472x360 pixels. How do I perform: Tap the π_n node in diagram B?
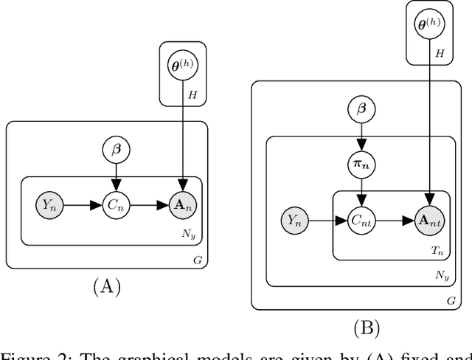click(361, 163)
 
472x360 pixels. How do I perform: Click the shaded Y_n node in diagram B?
click(294, 219)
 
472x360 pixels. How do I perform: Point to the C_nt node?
click(361, 219)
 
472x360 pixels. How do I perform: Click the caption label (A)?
click(106, 286)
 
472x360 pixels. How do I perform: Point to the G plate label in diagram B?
click(450, 301)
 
